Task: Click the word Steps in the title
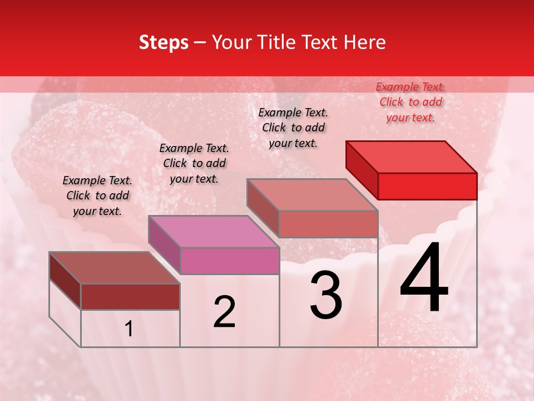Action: [x=164, y=42]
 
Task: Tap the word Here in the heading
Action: [x=363, y=42]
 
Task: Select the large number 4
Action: [x=424, y=278]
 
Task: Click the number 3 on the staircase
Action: [x=326, y=296]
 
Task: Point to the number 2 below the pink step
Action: [x=224, y=312]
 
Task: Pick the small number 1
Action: [x=129, y=329]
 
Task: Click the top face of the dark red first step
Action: [x=115, y=268]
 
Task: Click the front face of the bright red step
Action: [x=427, y=186]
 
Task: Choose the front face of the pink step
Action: [x=230, y=261]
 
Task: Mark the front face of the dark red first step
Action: [x=130, y=296]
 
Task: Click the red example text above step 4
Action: [x=411, y=102]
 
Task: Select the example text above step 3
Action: [x=293, y=128]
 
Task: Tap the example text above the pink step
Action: [x=194, y=163]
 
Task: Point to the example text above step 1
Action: [x=97, y=195]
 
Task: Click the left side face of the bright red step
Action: [x=362, y=167]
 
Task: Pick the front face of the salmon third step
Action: [x=328, y=224]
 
